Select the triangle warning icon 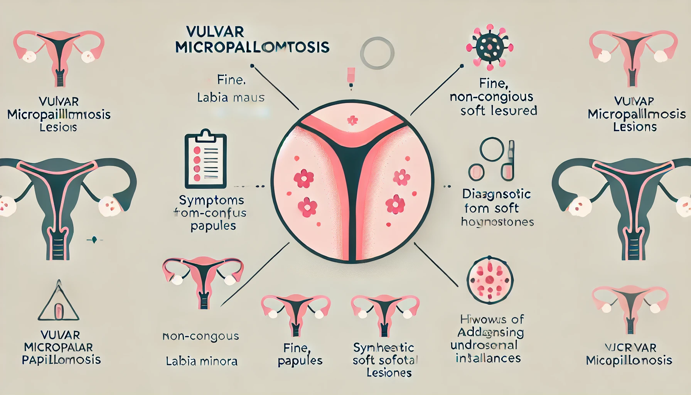click(59, 303)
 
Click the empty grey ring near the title click(377, 53)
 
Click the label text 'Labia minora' click(201, 361)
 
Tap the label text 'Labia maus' click(231, 97)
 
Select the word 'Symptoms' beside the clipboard click(211, 200)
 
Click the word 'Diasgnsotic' click(496, 194)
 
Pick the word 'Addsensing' click(490, 332)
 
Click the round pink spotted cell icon click(490, 280)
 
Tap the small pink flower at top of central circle click(352, 120)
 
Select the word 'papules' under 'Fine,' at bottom click(300, 361)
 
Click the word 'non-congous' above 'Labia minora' click(201, 336)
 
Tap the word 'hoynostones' click(497, 222)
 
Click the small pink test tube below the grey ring click(351, 76)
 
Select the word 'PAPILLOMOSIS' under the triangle click(61, 360)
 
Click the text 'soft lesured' click(499, 111)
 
